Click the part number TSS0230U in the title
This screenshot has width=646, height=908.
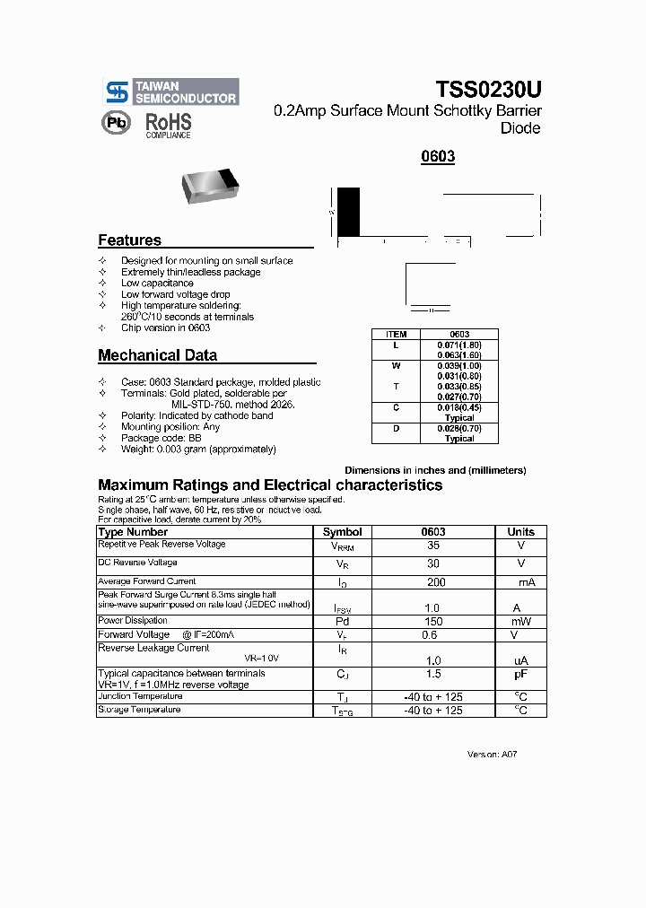tap(488, 90)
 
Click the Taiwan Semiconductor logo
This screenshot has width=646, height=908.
tap(171, 92)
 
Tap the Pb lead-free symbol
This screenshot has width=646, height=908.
tap(116, 124)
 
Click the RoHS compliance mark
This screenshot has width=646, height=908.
tap(169, 124)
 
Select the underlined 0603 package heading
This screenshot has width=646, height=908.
tap(438, 156)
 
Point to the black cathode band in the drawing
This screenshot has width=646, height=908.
tap(348, 212)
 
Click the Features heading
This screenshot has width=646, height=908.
tap(129, 240)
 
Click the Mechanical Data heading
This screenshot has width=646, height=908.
tap(157, 355)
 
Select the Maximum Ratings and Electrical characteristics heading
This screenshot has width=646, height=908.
tap(269, 485)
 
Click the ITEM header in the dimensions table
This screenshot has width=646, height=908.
tap(396, 334)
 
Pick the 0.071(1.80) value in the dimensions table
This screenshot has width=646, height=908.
tap(459, 345)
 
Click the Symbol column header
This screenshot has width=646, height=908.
tap(342, 532)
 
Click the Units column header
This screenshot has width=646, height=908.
tap(520, 532)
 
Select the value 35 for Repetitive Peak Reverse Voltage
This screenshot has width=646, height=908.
tap(433, 545)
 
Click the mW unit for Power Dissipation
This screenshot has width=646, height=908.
tap(520, 621)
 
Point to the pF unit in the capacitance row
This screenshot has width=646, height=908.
tap(520, 673)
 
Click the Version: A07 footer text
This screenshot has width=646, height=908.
tap(492, 755)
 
